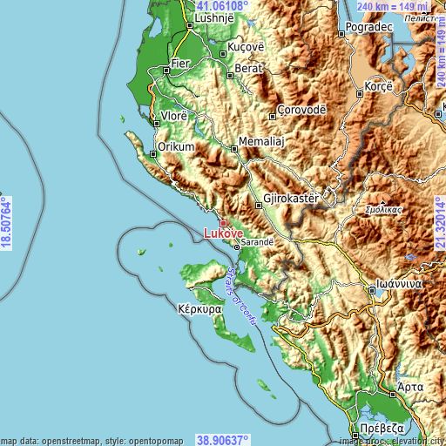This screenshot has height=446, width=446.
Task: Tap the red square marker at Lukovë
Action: point(223,223)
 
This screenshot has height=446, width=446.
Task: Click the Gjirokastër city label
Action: point(292,199)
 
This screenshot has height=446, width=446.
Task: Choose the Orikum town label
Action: point(175,147)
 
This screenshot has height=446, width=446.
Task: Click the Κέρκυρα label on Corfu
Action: point(199,309)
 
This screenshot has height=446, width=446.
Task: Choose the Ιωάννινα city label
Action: point(394,285)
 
